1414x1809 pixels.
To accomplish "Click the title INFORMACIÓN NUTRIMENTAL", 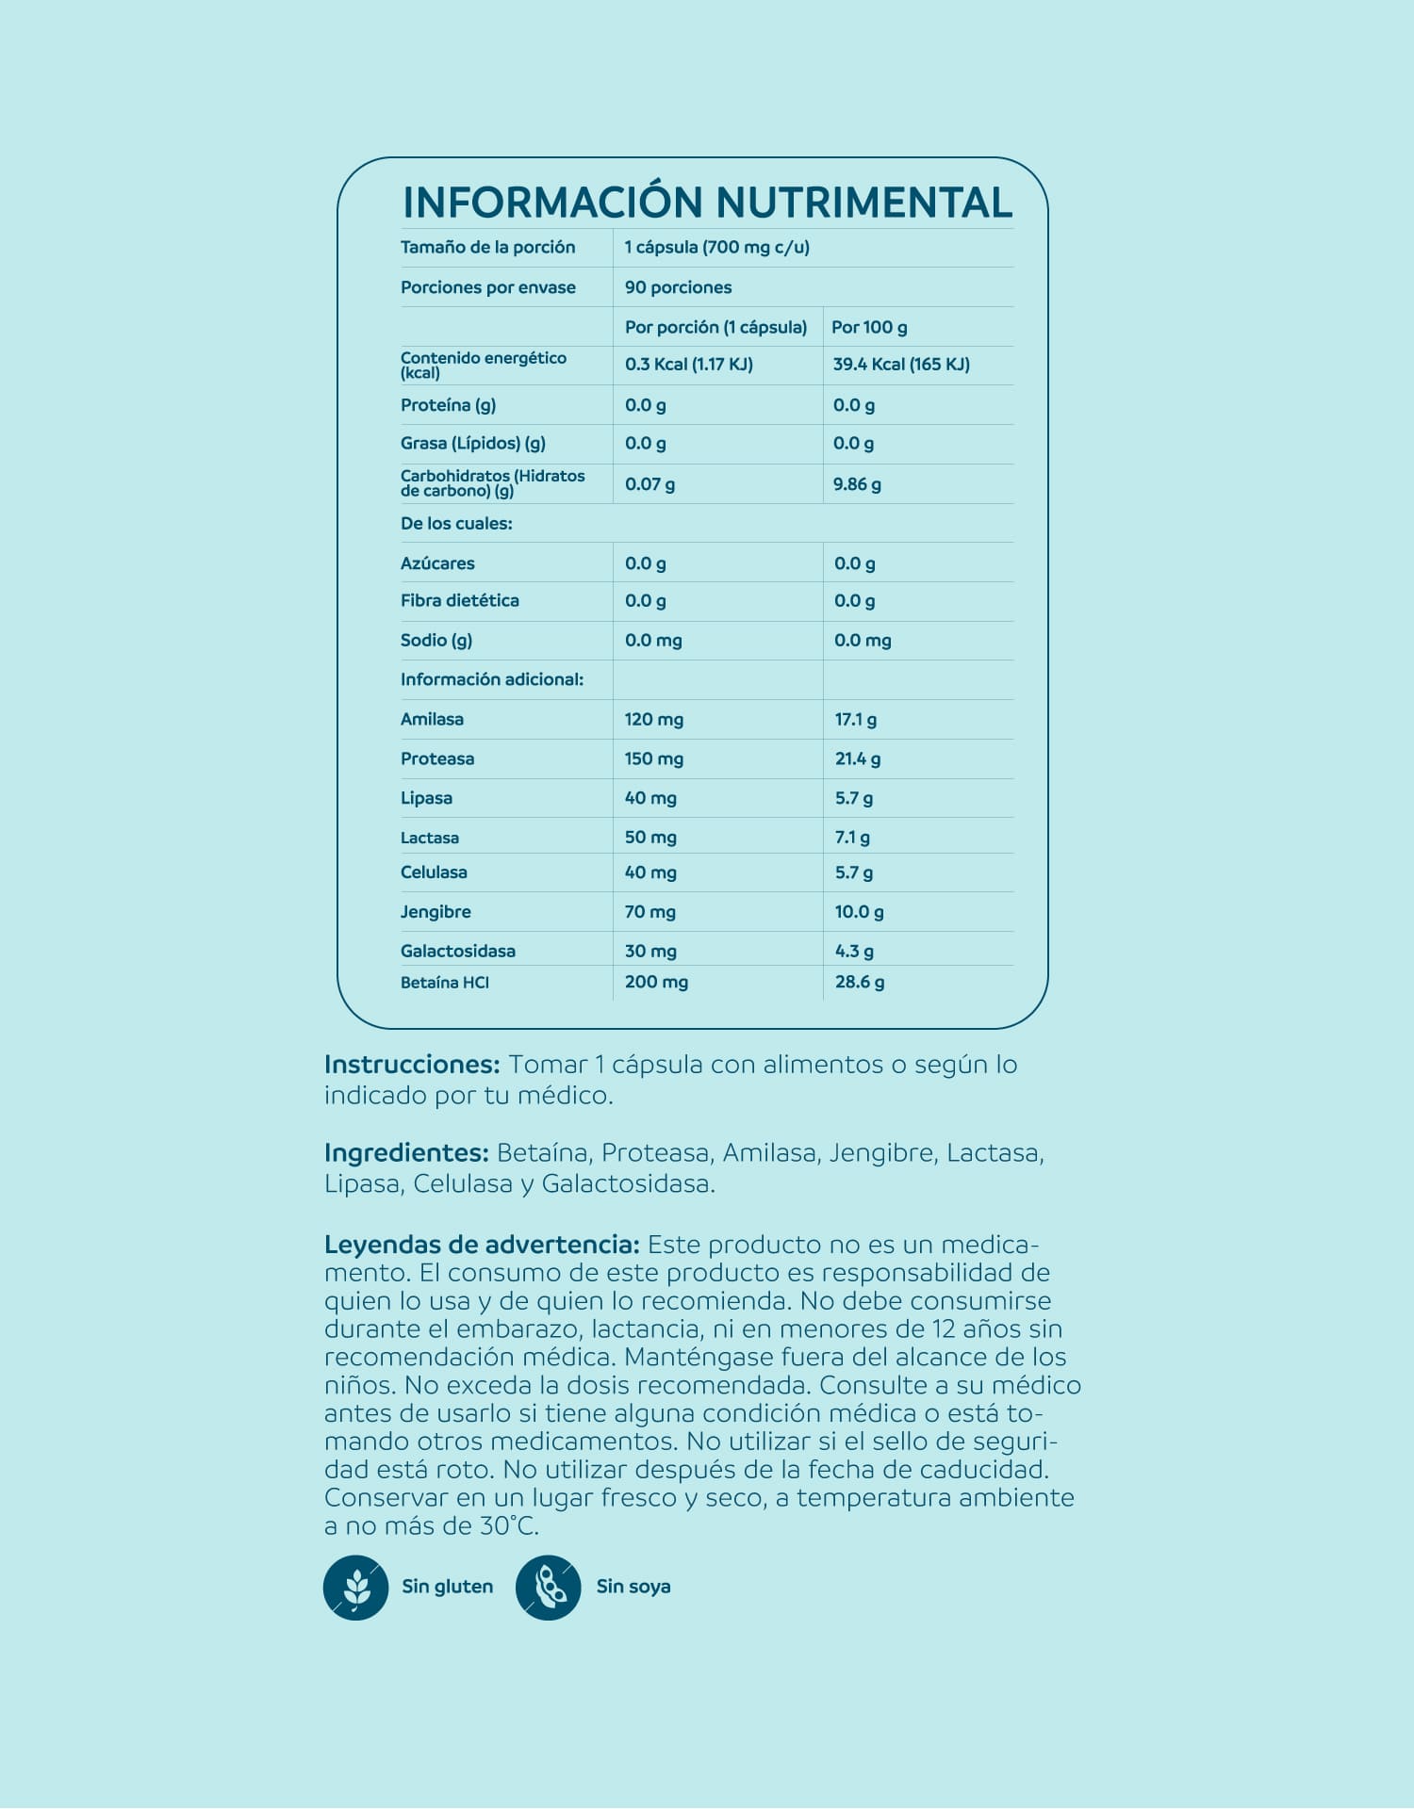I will point(707,203).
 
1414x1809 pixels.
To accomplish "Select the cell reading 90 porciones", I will point(678,287).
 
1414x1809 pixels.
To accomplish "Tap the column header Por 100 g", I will point(869,327).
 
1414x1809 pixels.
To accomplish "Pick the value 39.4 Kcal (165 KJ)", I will point(901,365).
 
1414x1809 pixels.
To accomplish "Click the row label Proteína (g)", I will point(448,405).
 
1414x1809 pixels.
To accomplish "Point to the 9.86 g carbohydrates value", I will point(857,484).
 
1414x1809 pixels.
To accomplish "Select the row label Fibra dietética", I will point(459,601).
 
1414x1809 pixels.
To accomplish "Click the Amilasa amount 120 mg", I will point(653,720).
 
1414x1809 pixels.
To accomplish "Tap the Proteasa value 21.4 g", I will point(858,758).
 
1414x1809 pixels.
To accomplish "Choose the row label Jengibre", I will point(436,912).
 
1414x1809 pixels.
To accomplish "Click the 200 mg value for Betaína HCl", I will point(656,982).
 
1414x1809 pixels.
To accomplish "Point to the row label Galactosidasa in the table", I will point(457,952).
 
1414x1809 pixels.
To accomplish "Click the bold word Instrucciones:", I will point(412,1065).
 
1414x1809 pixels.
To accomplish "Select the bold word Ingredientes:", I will point(406,1153).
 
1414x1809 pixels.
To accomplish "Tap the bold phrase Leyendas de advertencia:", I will point(482,1245).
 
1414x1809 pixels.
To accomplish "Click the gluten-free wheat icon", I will point(355,1588).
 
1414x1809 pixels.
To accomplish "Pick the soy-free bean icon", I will point(548,1588).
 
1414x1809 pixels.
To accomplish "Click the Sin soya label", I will point(633,1587).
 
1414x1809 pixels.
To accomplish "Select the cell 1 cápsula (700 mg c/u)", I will point(716,248).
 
